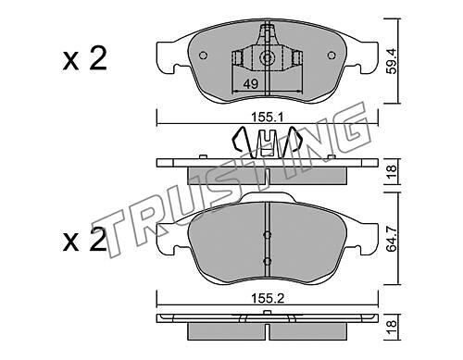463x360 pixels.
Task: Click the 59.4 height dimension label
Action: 392,60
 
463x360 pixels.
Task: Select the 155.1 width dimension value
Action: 268,118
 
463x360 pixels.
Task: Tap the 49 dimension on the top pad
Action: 250,83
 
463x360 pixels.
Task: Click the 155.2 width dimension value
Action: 268,298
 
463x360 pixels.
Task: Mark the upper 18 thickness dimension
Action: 392,171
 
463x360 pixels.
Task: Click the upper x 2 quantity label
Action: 84,58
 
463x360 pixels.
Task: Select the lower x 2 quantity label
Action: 84,240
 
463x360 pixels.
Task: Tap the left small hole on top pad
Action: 203,56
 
